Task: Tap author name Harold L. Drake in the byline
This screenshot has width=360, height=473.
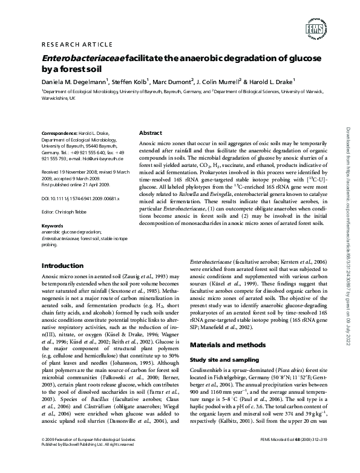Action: [270, 82]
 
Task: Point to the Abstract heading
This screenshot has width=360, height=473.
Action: [151, 132]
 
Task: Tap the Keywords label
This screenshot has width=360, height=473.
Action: [52, 226]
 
